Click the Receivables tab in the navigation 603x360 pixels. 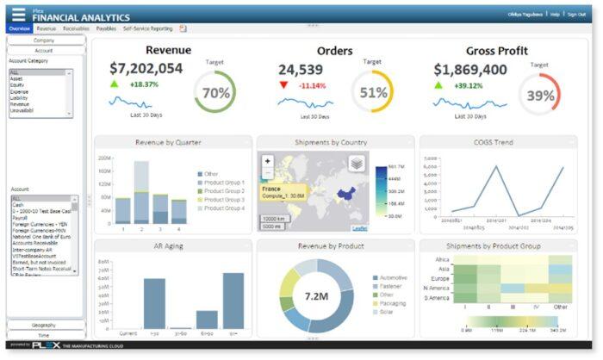pyautogui.click(x=76, y=28)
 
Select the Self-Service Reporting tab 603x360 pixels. pyautogui.click(x=148, y=28)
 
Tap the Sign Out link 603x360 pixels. pyautogui.click(x=575, y=15)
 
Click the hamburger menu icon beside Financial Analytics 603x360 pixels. pyautogui.click(x=18, y=15)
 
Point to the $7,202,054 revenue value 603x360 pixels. pyautogui.click(x=146, y=69)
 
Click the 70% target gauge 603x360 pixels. pyautogui.click(x=215, y=93)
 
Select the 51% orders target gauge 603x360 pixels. pyautogui.click(x=372, y=93)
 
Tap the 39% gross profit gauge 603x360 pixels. pyautogui.click(x=540, y=95)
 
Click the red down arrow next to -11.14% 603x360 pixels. pyautogui.click(x=284, y=85)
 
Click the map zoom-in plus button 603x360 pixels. pyautogui.click(x=268, y=160)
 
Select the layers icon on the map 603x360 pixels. pyautogui.click(x=357, y=164)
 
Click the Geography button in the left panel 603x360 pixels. pyautogui.click(x=44, y=325)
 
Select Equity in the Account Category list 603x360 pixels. pyautogui.click(x=18, y=84)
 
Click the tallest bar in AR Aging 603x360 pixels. pyautogui.click(x=233, y=301)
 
